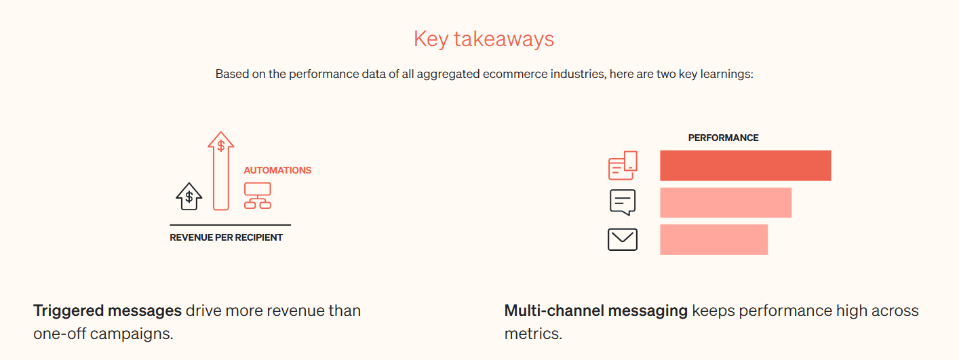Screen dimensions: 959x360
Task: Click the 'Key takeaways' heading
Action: tap(484, 39)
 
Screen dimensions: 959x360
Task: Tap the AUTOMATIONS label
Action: tap(277, 170)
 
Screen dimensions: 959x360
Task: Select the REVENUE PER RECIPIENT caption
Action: tap(226, 237)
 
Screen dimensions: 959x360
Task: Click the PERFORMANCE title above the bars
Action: tap(723, 138)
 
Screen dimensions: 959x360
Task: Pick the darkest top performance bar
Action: tap(745, 165)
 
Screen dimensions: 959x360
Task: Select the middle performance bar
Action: tap(726, 203)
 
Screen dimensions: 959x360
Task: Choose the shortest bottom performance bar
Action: tap(713, 240)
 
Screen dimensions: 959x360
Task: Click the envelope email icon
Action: tap(623, 240)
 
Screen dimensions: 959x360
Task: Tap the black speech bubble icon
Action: tap(623, 203)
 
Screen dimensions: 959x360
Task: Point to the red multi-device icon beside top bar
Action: tap(623, 165)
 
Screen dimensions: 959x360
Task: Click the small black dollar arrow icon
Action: tap(189, 197)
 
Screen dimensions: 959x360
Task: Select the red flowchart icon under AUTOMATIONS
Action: tap(257, 196)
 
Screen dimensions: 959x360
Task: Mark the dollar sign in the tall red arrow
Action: tap(221, 146)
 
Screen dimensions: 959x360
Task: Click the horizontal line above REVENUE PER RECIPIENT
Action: tap(231, 224)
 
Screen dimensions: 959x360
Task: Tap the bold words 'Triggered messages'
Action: tap(107, 311)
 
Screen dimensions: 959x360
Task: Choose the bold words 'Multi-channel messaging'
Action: tap(596, 311)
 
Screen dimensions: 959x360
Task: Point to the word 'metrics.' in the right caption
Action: tap(534, 334)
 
